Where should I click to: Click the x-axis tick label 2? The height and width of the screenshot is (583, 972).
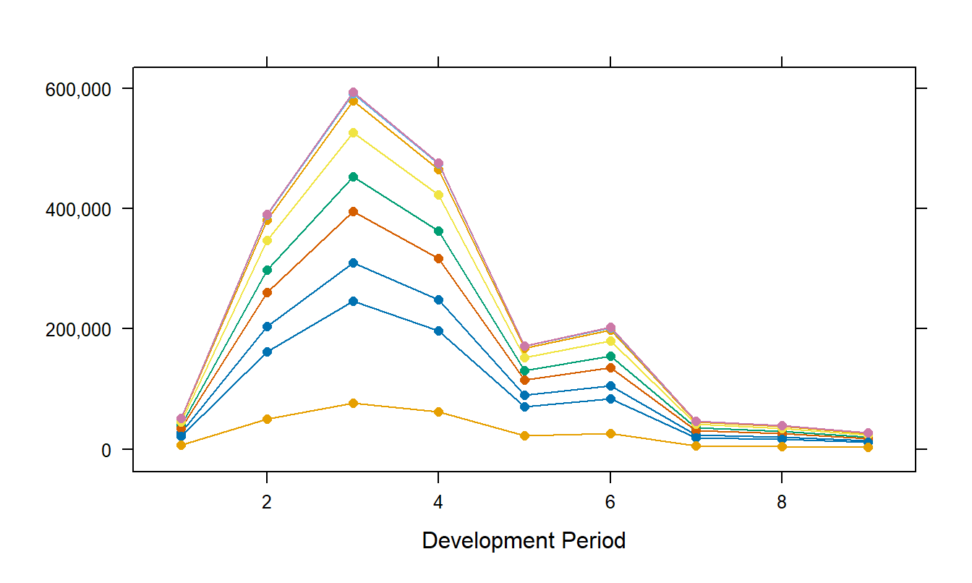pos(267,503)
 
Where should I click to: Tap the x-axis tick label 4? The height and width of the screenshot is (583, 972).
pos(438,503)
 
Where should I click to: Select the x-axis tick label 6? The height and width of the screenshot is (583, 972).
pos(610,503)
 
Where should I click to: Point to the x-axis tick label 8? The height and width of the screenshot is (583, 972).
pos(782,503)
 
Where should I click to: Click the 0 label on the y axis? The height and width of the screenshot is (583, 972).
pos(105,449)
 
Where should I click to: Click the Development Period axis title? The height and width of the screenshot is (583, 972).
pos(524,540)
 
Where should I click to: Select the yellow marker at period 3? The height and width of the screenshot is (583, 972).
pos(353,133)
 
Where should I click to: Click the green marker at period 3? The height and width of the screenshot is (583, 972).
pos(353,176)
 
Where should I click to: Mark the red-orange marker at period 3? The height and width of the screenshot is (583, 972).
pos(353,211)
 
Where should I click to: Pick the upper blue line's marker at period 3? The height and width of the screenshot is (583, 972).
pos(353,263)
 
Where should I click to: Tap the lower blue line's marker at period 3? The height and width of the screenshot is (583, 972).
pos(353,301)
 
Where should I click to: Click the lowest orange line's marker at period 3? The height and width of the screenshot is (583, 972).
pos(353,403)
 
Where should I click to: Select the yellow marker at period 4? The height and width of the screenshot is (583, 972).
pos(438,195)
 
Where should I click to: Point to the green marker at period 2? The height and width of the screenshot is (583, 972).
pos(267,270)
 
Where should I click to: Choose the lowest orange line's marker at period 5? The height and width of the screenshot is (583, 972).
pos(524,435)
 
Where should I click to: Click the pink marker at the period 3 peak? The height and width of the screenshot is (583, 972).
pos(353,93)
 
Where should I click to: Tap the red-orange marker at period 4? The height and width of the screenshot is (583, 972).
pos(438,258)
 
